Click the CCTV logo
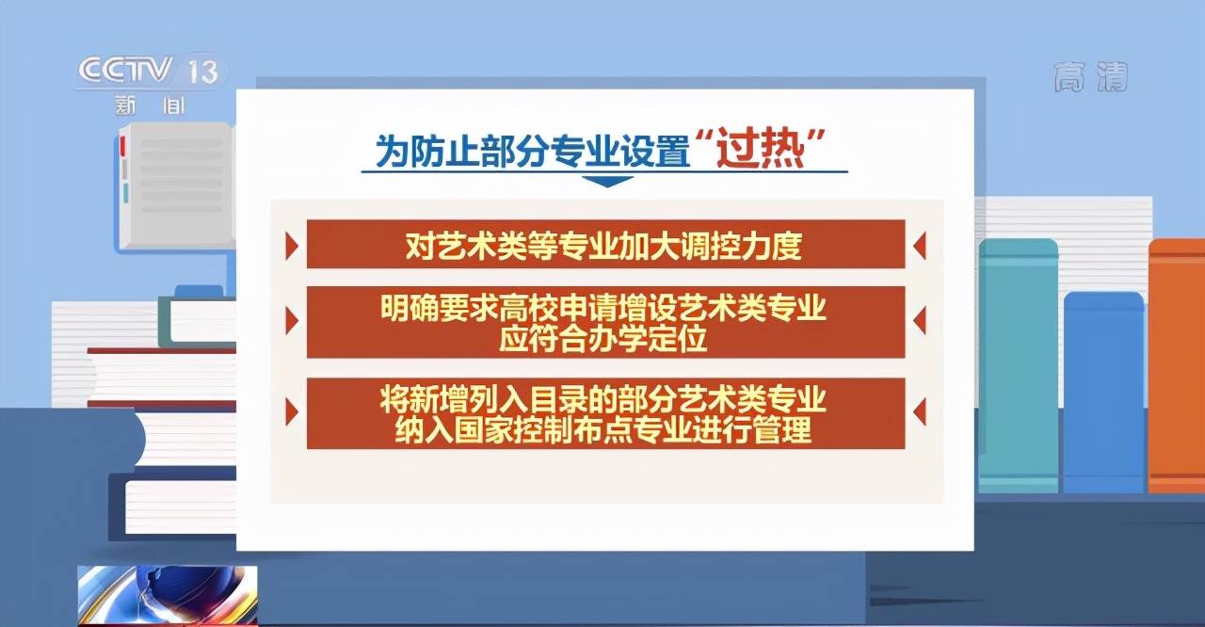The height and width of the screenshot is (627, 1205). pyautogui.click(x=125, y=70)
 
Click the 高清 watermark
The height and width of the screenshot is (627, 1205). pyautogui.click(x=1090, y=77)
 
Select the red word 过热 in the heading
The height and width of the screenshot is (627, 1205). pyautogui.click(x=760, y=148)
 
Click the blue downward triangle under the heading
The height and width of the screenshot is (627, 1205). pyautogui.click(x=607, y=181)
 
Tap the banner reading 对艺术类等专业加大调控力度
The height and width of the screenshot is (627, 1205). pyautogui.click(x=605, y=244)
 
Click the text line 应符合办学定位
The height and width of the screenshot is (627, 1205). pyautogui.click(x=603, y=339)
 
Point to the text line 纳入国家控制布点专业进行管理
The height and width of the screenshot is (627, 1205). pyautogui.click(x=603, y=430)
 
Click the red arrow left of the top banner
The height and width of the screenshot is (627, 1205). pyautogui.click(x=292, y=247)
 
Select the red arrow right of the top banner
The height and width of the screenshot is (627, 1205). pyautogui.click(x=920, y=246)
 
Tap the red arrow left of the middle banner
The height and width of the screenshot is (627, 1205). pyautogui.click(x=292, y=321)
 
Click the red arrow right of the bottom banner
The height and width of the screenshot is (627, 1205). pyautogui.click(x=920, y=412)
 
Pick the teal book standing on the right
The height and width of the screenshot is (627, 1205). pyautogui.click(x=1019, y=365)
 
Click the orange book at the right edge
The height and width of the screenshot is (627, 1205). pyautogui.click(x=1177, y=365)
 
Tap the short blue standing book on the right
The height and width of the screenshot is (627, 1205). pyautogui.click(x=1104, y=392)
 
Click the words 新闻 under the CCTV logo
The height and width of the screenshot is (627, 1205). pyautogui.click(x=150, y=105)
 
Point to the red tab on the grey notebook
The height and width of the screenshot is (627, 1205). pyautogui.click(x=122, y=146)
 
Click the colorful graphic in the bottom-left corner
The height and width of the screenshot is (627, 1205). pyautogui.click(x=168, y=595)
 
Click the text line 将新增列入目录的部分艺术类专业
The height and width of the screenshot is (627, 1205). pyautogui.click(x=603, y=398)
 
